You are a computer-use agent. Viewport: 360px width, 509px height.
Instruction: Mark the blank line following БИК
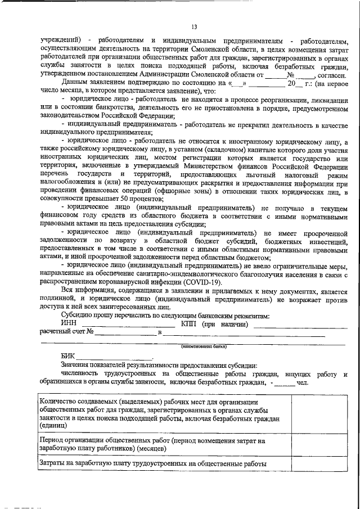tap(115, 358)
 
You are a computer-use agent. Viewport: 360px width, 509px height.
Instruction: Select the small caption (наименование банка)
tap(203, 347)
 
